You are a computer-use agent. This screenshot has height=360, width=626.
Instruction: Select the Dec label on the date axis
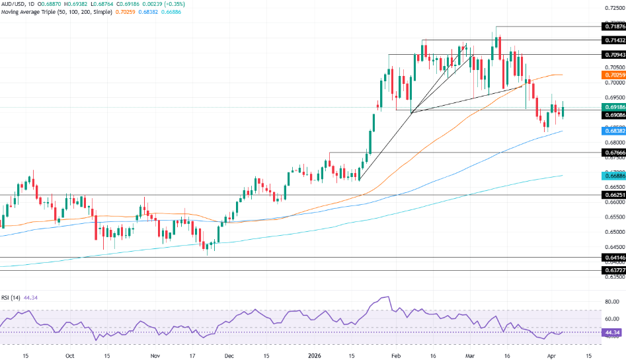[229, 355]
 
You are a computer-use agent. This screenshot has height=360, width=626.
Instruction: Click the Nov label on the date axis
[155, 355]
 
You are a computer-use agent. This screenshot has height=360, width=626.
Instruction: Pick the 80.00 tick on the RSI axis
[612, 302]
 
